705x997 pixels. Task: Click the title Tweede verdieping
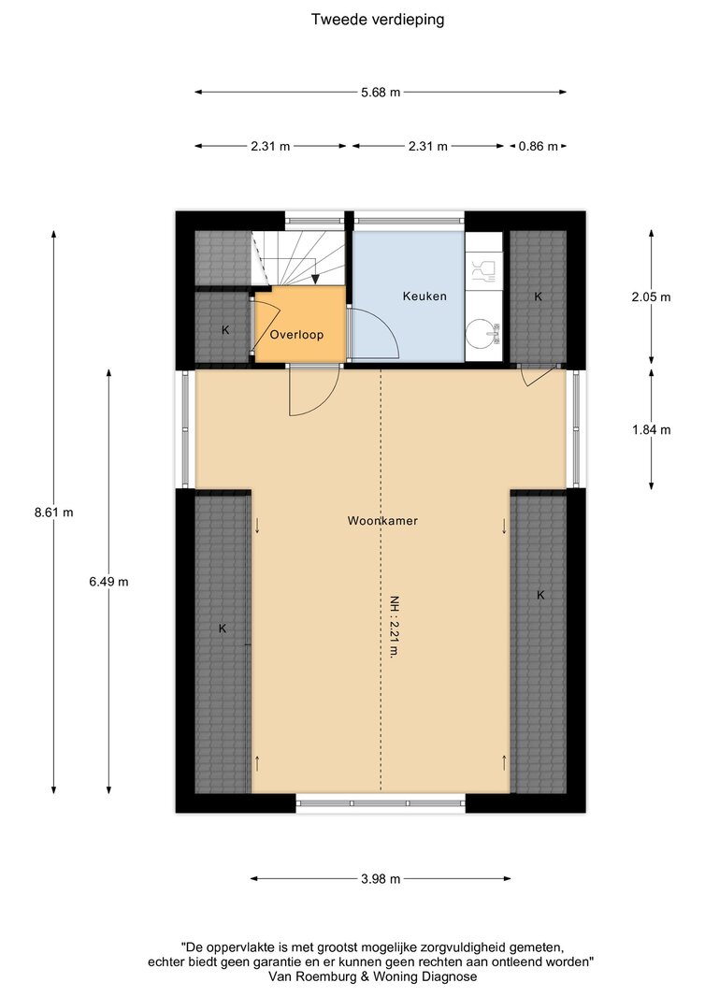378,20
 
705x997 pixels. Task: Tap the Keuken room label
424,296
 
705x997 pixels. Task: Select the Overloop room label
296,335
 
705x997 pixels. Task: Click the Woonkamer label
382,521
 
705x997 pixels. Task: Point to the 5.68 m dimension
381,93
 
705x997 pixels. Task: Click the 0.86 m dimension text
539,146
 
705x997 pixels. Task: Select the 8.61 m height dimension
54,512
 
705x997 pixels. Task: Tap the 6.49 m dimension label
108,581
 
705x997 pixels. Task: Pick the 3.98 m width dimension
381,879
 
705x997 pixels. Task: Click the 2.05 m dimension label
651,296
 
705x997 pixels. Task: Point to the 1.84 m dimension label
651,430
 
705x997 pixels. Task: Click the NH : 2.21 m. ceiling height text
395,627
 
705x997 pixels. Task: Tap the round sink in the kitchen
482,333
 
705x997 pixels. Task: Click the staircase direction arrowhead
315,279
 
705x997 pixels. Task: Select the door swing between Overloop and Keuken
374,334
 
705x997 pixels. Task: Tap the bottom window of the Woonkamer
381,803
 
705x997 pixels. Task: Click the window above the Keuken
410,220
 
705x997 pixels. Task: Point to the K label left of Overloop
225,330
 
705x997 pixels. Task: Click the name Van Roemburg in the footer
316,976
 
